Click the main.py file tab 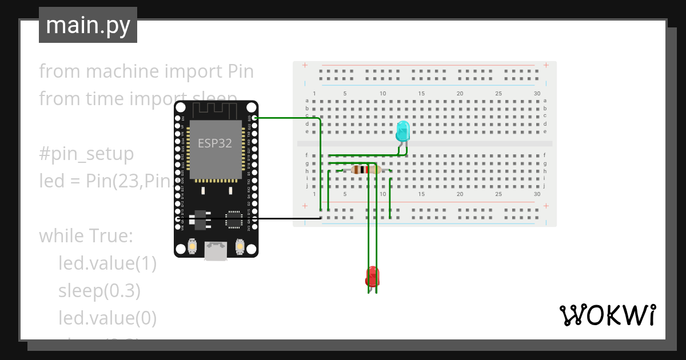click(x=88, y=25)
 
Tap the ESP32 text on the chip click(x=215, y=143)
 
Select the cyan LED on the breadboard click(x=402, y=131)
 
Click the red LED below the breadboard click(x=372, y=277)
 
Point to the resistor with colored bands click(x=366, y=169)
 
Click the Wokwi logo click(x=607, y=315)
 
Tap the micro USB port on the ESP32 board click(x=216, y=251)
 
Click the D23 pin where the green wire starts click(x=253, y=118)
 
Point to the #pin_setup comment click(x=86, y=154)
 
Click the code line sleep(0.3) click(x=99, y=291)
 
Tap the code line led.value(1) click(x=107, y=263)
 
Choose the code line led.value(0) click(x=107, y=318)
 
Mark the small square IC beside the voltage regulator click(x=234, y=219)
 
